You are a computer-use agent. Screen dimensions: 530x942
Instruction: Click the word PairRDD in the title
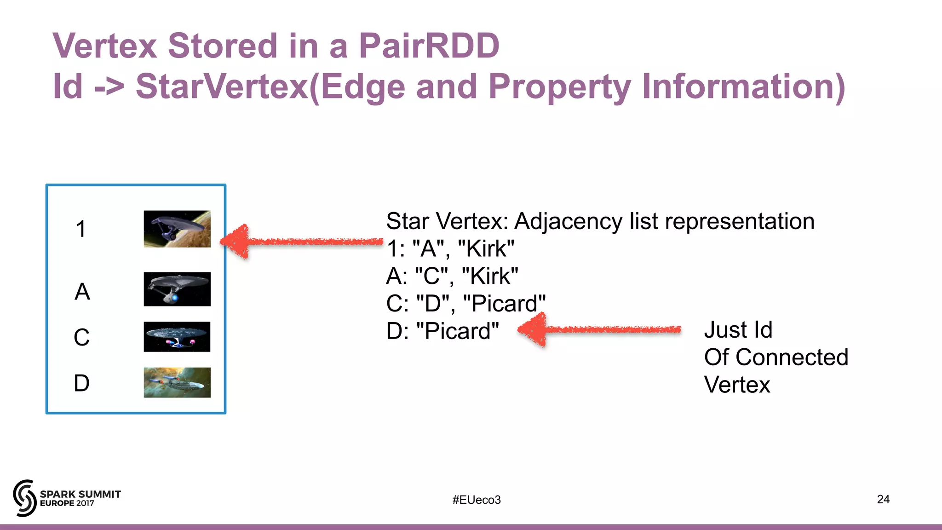[429, 46]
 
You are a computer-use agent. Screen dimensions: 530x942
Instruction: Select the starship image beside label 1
[177, 229]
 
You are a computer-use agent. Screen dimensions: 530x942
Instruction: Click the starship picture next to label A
[177, 289]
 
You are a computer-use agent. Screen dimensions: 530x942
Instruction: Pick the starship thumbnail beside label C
[177, 337]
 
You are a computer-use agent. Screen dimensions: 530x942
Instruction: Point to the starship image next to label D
[177, 382]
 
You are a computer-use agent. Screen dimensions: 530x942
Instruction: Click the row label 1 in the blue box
[81, 229]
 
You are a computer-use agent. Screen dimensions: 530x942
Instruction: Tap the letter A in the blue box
[82, 292]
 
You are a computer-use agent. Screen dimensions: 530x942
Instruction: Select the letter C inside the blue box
[81, 337]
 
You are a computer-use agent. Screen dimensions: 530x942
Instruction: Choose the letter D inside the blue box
[81, 383]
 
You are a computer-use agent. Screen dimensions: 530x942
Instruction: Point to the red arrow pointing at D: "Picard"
[598, 329]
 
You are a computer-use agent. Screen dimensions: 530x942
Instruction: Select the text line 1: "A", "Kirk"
[450, 249]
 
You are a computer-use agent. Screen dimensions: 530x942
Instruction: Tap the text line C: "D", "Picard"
[465, 304]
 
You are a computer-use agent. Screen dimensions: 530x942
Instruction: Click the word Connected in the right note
[792, 357]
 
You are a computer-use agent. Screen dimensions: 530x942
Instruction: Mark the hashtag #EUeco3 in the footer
[476, 500]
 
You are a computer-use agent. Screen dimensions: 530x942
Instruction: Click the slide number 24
[883, 499]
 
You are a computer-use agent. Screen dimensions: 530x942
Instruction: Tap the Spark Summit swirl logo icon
[24, 498]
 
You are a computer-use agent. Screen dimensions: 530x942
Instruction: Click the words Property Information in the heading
[665, 86]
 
